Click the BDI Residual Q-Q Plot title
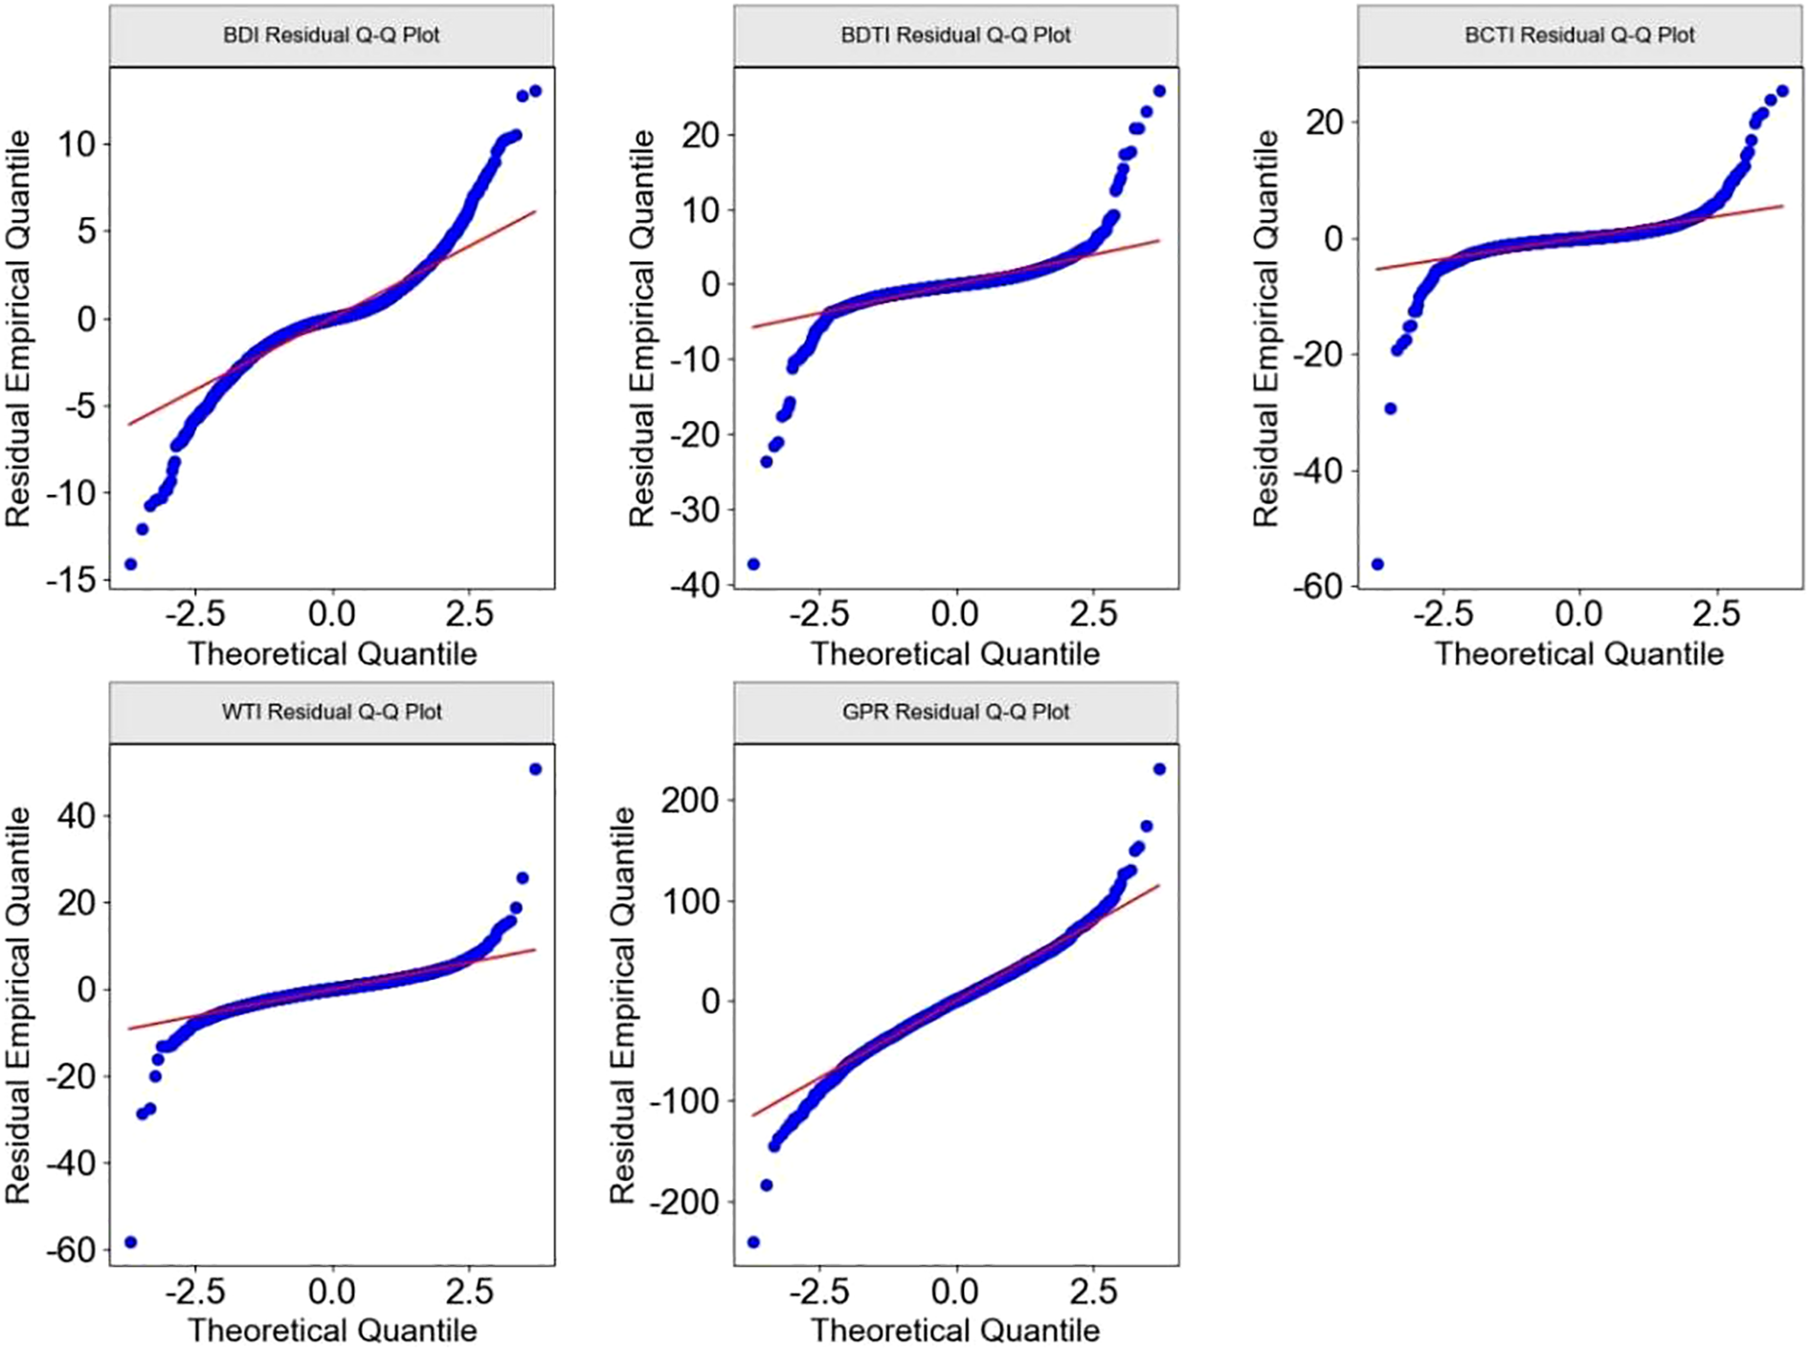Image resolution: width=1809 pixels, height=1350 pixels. pyautogui.click(x=331, y=35)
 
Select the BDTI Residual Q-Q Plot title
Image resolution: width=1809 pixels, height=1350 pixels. pyautogui.click(x=955, y=35)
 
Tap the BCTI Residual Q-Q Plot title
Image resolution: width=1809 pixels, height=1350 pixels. pyautogui.click(x=1579, y=35)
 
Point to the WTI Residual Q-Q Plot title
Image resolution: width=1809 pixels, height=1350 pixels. pyautogui.click(x=331, y=712)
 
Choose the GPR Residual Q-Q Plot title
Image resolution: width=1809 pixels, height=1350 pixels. pyautogui.click(x=955, y=712)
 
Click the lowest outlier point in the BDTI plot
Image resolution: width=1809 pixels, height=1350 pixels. pyautogui.click(x=753, y=564)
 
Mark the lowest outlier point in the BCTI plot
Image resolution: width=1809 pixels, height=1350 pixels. pyautogui.click(x=1377, y=564)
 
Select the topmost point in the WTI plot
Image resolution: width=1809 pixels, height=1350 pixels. pyautogui.click(x=535, y=769)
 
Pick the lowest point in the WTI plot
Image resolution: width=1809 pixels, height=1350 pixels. pyautogui.click(x=131, y=1242)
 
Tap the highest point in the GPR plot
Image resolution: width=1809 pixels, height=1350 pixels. pyautogui.click(x=1159, y=769)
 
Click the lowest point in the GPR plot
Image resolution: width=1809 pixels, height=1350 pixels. pyautogui.click(x=753, y=1242)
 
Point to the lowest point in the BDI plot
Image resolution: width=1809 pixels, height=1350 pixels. pyautogui.click(x=131, y=564)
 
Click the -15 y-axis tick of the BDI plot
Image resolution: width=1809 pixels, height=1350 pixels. pyautogui.click(x=73, y=580)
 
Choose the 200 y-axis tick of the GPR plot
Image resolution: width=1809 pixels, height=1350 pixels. pyautogui.click(x=689, y=800)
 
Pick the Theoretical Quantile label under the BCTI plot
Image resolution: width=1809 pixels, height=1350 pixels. pyautogui.click(x=1579, y=653)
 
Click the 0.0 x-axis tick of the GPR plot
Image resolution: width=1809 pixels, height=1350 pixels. pyautogui.click(x=955, y=1292)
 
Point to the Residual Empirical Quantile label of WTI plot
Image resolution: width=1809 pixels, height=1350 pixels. pyautogui.click(x=19, y=1005)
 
